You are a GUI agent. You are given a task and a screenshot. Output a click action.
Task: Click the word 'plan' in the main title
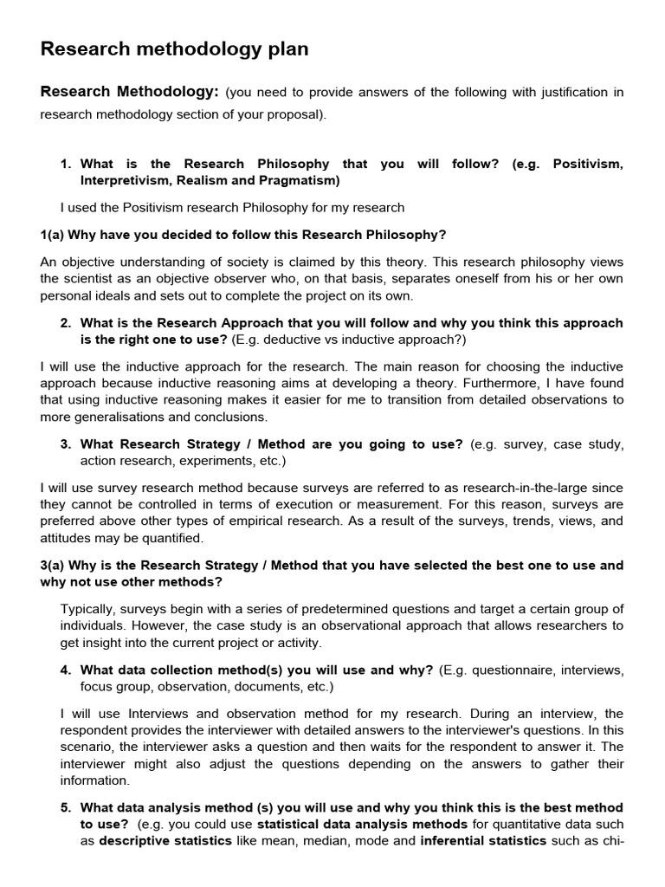pos(287,49)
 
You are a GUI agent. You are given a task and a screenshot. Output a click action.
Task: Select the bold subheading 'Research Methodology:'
pos(129,92)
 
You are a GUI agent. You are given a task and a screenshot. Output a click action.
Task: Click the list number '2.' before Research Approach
pos(66,322)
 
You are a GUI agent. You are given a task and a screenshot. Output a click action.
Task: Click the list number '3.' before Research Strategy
pos(66,443)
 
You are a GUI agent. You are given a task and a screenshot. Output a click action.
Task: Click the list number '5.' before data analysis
pos(66,807)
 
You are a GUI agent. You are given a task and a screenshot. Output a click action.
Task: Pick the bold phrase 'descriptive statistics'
pos(165,840)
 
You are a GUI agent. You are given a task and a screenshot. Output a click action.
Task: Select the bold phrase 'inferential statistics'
pos(483,840)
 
